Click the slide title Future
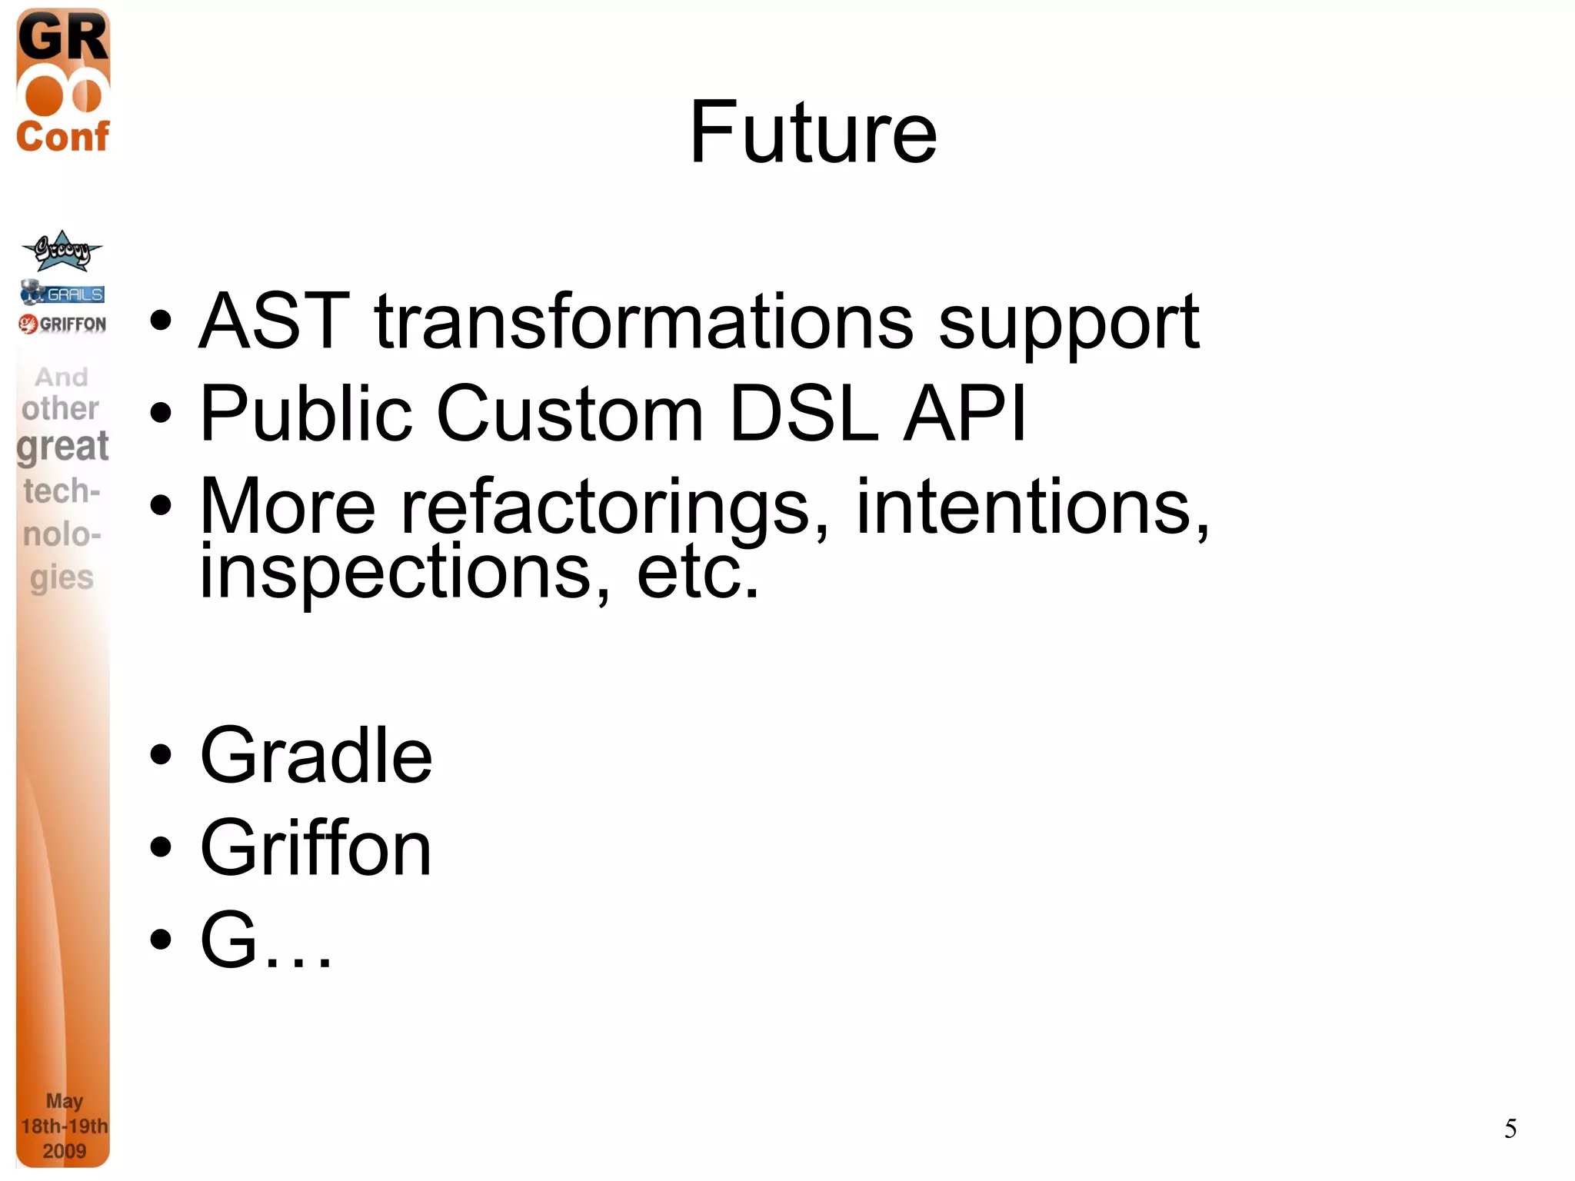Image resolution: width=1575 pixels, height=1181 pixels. click(x=813, y=133)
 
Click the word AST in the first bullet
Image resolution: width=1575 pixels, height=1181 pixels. click(x=275, y=321)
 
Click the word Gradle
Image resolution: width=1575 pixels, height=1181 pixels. click(x=316, y=757)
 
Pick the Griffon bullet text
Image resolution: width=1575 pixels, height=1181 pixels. click(x=316, y=848)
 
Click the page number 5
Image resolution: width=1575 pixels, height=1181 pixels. click(x=1510, y=1129)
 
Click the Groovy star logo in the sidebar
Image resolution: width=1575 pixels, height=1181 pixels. click(x=62, y=251)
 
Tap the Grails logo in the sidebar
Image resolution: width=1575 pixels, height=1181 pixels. click(x=62, y=293)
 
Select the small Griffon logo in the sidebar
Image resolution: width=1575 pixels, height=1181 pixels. click(x=62, y=324)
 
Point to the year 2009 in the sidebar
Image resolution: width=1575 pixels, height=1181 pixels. click(x=64, y=1151)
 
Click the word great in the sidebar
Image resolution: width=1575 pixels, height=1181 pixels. click(x=63, y=447)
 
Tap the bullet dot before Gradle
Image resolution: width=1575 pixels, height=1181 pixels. click(x=161, y=755)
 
